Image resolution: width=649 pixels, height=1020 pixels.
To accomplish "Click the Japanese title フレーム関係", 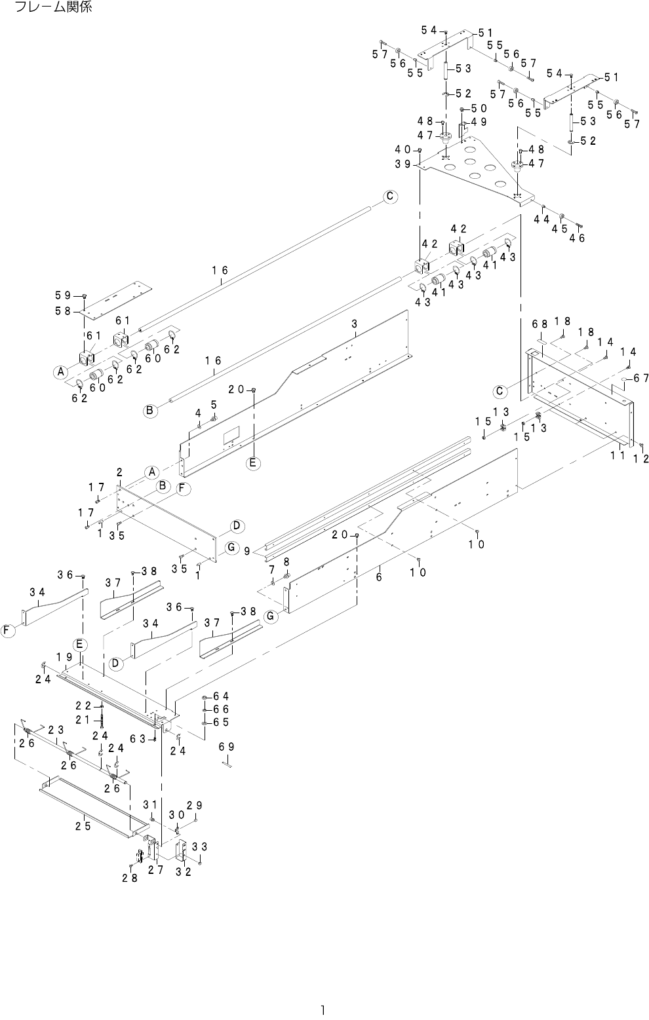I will (53, 8).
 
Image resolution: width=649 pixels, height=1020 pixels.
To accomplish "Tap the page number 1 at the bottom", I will (323, 1010).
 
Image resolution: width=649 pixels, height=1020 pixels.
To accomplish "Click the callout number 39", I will (403, 164).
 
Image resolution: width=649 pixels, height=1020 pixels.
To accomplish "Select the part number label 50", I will (479, 108).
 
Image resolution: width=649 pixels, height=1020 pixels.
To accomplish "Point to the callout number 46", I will (577, 239).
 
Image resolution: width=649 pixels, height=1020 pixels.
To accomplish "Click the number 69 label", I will (226, 747).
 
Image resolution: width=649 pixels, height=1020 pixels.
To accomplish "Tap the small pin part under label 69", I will (227, 763).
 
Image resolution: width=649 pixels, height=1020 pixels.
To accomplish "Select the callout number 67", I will (640, 377).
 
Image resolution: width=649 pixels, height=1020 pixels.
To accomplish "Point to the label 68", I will (539, 324).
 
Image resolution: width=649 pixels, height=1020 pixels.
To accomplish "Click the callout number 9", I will (248, 552).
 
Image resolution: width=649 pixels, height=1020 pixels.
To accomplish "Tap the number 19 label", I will (64, 656).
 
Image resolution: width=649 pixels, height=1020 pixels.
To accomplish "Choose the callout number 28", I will (129, 878).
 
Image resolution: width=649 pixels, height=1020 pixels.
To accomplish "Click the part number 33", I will (200, 846).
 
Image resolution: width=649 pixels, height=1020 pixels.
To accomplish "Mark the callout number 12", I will (640, 459).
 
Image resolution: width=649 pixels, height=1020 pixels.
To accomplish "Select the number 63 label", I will (137, 738).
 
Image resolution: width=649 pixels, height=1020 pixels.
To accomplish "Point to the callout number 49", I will (479, 122).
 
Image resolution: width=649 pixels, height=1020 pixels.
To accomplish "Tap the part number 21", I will (83, 720).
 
